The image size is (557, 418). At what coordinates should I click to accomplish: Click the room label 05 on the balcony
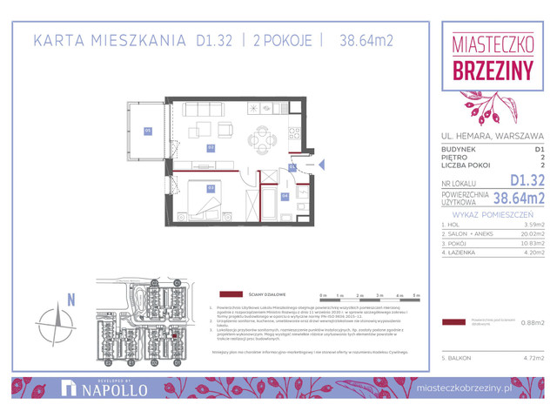pyautogui.click(x=148, y=131)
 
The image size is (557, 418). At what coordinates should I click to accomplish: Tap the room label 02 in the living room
pyautogui.click(x=211, y=148)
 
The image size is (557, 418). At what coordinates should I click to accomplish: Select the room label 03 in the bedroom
pyautogui.click(x=211, y=188)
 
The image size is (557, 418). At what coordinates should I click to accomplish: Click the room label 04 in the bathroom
pyautogui.click(x=286, y=197)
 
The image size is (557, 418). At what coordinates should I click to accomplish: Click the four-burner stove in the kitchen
pyautogui.click(x=294, y=136)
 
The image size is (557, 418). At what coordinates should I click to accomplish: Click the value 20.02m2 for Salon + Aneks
pyautogui.click(x=529, y=234)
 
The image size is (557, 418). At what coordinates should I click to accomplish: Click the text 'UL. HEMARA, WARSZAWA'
pyautogui.click(x=492, y=136)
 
